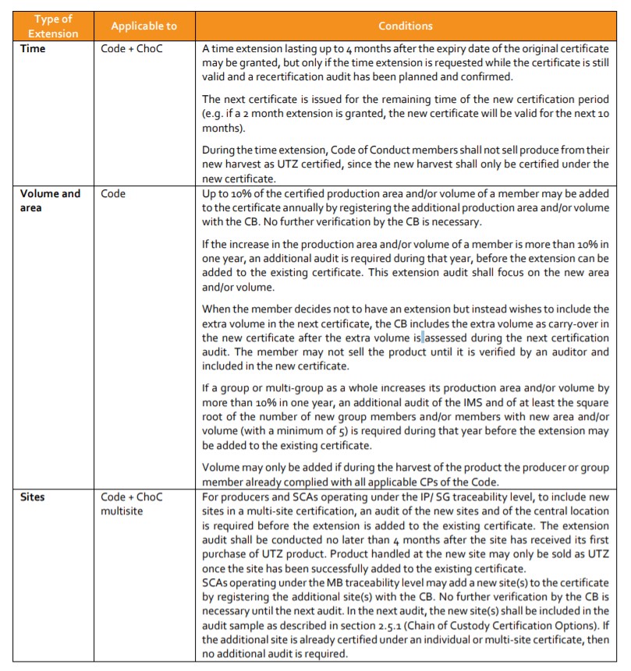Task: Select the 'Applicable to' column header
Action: point(144,26)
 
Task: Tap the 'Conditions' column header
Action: point(405,26)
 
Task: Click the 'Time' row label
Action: point(33,48)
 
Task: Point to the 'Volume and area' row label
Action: point(50,200)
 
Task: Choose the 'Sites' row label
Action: point(34,496)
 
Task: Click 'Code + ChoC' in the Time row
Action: point(132,48)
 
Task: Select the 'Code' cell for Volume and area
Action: point(114,193)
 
